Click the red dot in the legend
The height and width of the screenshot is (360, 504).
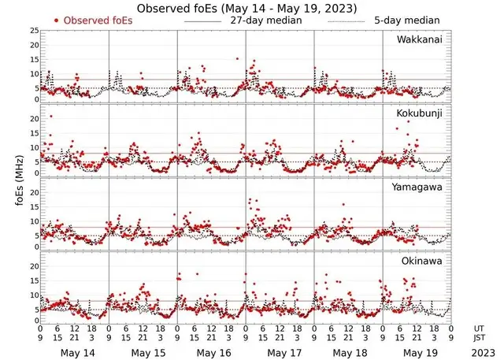(x=57, y=20)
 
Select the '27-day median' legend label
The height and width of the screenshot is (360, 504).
(x=263, y=20)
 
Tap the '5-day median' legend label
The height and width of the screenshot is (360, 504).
(x=407, y=20)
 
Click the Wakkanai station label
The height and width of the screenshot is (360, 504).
(x=419, y=40)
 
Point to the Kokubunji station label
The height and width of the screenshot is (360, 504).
(x=419, y=114)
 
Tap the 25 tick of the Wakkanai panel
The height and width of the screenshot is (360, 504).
(x=34, y=30)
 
